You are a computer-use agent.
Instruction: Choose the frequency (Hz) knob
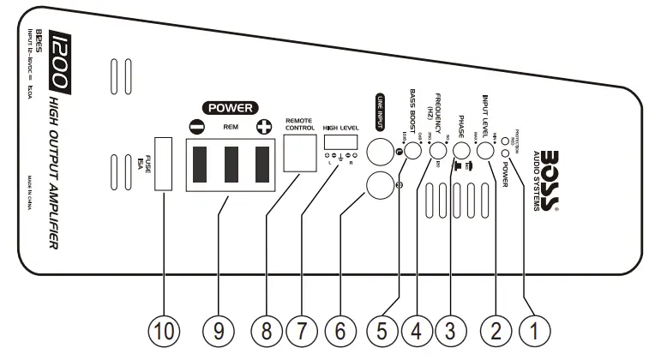click(x=437, y=150)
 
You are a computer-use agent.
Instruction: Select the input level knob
click(x=485, y=150)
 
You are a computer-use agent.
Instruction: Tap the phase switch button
click(x=461, y=152)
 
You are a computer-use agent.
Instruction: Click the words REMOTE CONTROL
click(x=302, y=124)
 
